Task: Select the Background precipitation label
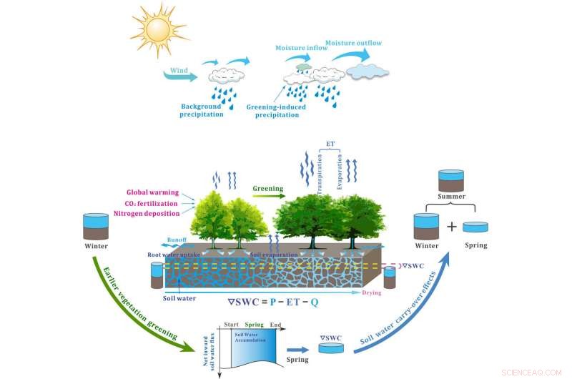[202, 110]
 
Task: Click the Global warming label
[152, 192]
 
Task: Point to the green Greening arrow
[268, 192]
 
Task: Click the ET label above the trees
[330, 144]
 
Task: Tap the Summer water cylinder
[451, 180]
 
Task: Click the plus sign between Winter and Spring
[451, 227]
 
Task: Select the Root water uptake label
[174, 253]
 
